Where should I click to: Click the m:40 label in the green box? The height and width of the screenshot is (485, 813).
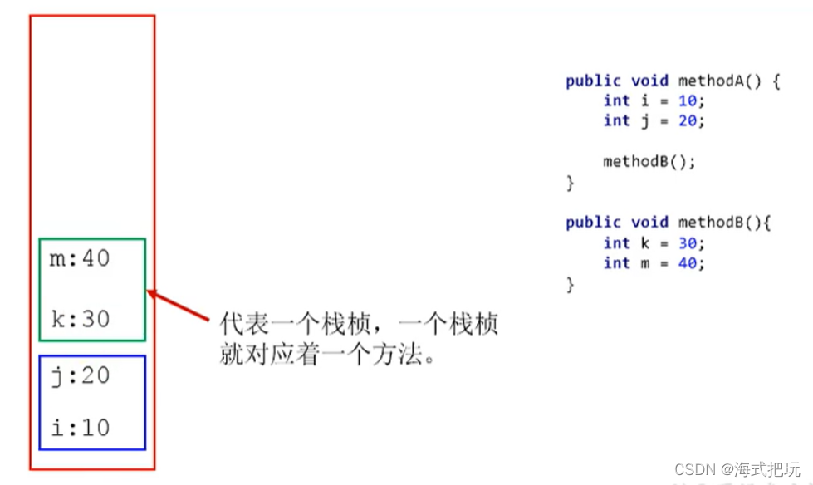81,259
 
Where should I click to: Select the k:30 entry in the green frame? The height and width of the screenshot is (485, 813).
81,319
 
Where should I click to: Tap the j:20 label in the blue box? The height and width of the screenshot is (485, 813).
81,375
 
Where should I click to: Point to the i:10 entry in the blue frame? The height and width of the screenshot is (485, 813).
81,428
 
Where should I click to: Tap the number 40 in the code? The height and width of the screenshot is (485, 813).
686,263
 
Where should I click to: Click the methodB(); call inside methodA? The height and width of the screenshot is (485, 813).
649,161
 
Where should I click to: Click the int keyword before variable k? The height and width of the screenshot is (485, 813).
617,243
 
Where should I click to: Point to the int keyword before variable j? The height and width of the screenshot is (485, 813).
617,120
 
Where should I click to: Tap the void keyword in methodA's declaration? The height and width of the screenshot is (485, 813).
649,81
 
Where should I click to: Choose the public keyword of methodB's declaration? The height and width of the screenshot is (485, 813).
593,223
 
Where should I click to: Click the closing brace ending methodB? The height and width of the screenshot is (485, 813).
571,285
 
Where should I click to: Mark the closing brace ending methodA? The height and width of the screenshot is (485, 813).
571,183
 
